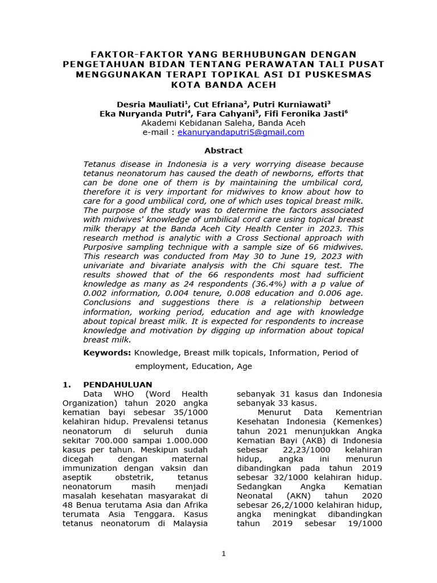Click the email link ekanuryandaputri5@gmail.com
click(241, 132)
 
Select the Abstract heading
click(223, 151)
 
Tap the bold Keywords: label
click(107, 353)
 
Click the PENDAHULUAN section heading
click(118, 385)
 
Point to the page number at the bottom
click(223, 553)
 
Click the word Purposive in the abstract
click(105, 247)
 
